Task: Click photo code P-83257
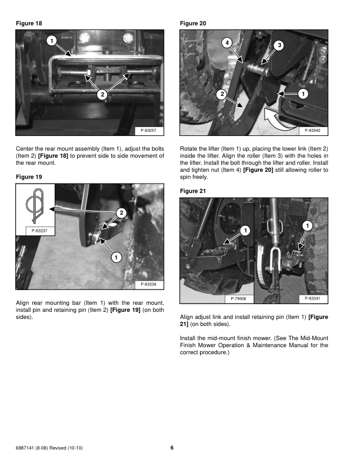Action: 152,130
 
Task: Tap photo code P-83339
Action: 152,285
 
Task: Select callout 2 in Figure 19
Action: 121,212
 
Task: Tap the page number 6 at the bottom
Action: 172,448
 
